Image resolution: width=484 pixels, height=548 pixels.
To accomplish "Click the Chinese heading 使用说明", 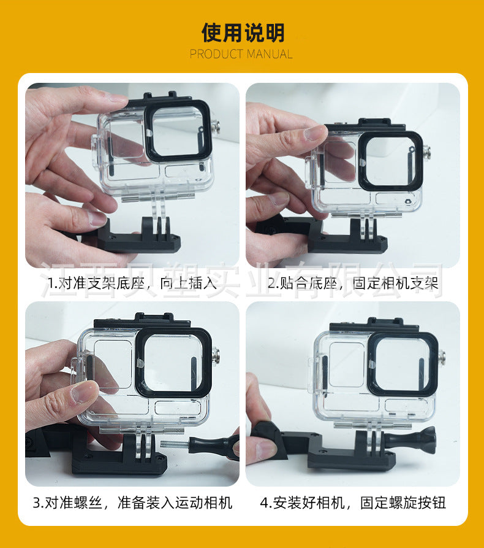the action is [243, 33].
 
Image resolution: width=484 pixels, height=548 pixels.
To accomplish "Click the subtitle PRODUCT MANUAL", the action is [241, 54].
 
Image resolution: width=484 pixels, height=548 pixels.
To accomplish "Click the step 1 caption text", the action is [132, 283].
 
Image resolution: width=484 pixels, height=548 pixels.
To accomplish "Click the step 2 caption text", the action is [353, 283].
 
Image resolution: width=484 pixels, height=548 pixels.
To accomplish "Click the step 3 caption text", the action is [132, 503].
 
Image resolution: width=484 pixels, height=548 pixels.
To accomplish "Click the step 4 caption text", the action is [353, 503].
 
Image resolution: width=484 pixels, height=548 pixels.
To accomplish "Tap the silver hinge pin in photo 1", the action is [216, 126].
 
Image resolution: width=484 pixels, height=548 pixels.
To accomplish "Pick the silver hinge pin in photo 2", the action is [426, 152].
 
